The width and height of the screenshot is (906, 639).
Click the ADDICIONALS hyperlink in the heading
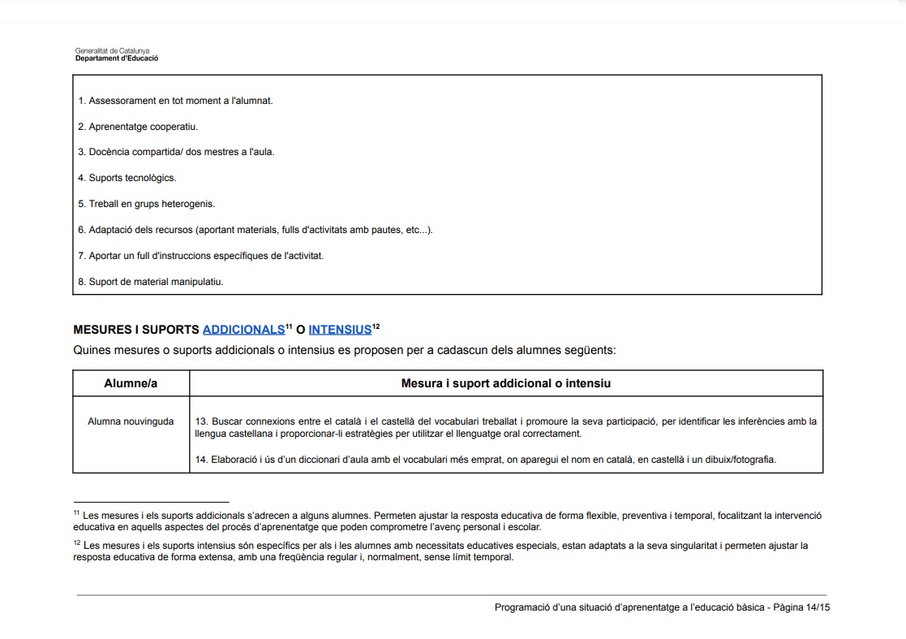(243, 330)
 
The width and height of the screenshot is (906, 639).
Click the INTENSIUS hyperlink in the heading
(339, 330)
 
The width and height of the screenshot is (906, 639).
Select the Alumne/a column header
(131, 383)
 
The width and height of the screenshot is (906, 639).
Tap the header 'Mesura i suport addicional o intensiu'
(505, 383)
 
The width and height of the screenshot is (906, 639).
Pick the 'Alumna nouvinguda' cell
(131, 421)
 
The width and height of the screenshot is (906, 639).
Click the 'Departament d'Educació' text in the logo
(117, 58)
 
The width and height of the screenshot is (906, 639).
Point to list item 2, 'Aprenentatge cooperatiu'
(138, 127)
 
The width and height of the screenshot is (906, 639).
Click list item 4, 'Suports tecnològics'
(127, 178)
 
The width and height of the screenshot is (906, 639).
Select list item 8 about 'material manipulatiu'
(151, 282)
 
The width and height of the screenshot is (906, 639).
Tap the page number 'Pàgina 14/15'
(801, 607)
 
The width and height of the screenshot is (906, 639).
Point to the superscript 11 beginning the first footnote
(76, 513)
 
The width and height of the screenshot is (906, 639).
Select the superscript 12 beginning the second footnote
(76, 544)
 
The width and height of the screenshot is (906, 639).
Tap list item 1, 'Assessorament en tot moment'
(175, 101)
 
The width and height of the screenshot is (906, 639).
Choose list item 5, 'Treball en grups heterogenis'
(147, 204)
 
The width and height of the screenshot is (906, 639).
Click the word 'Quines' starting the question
(90, 351)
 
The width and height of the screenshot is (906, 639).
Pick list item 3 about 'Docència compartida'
(176, 152)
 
